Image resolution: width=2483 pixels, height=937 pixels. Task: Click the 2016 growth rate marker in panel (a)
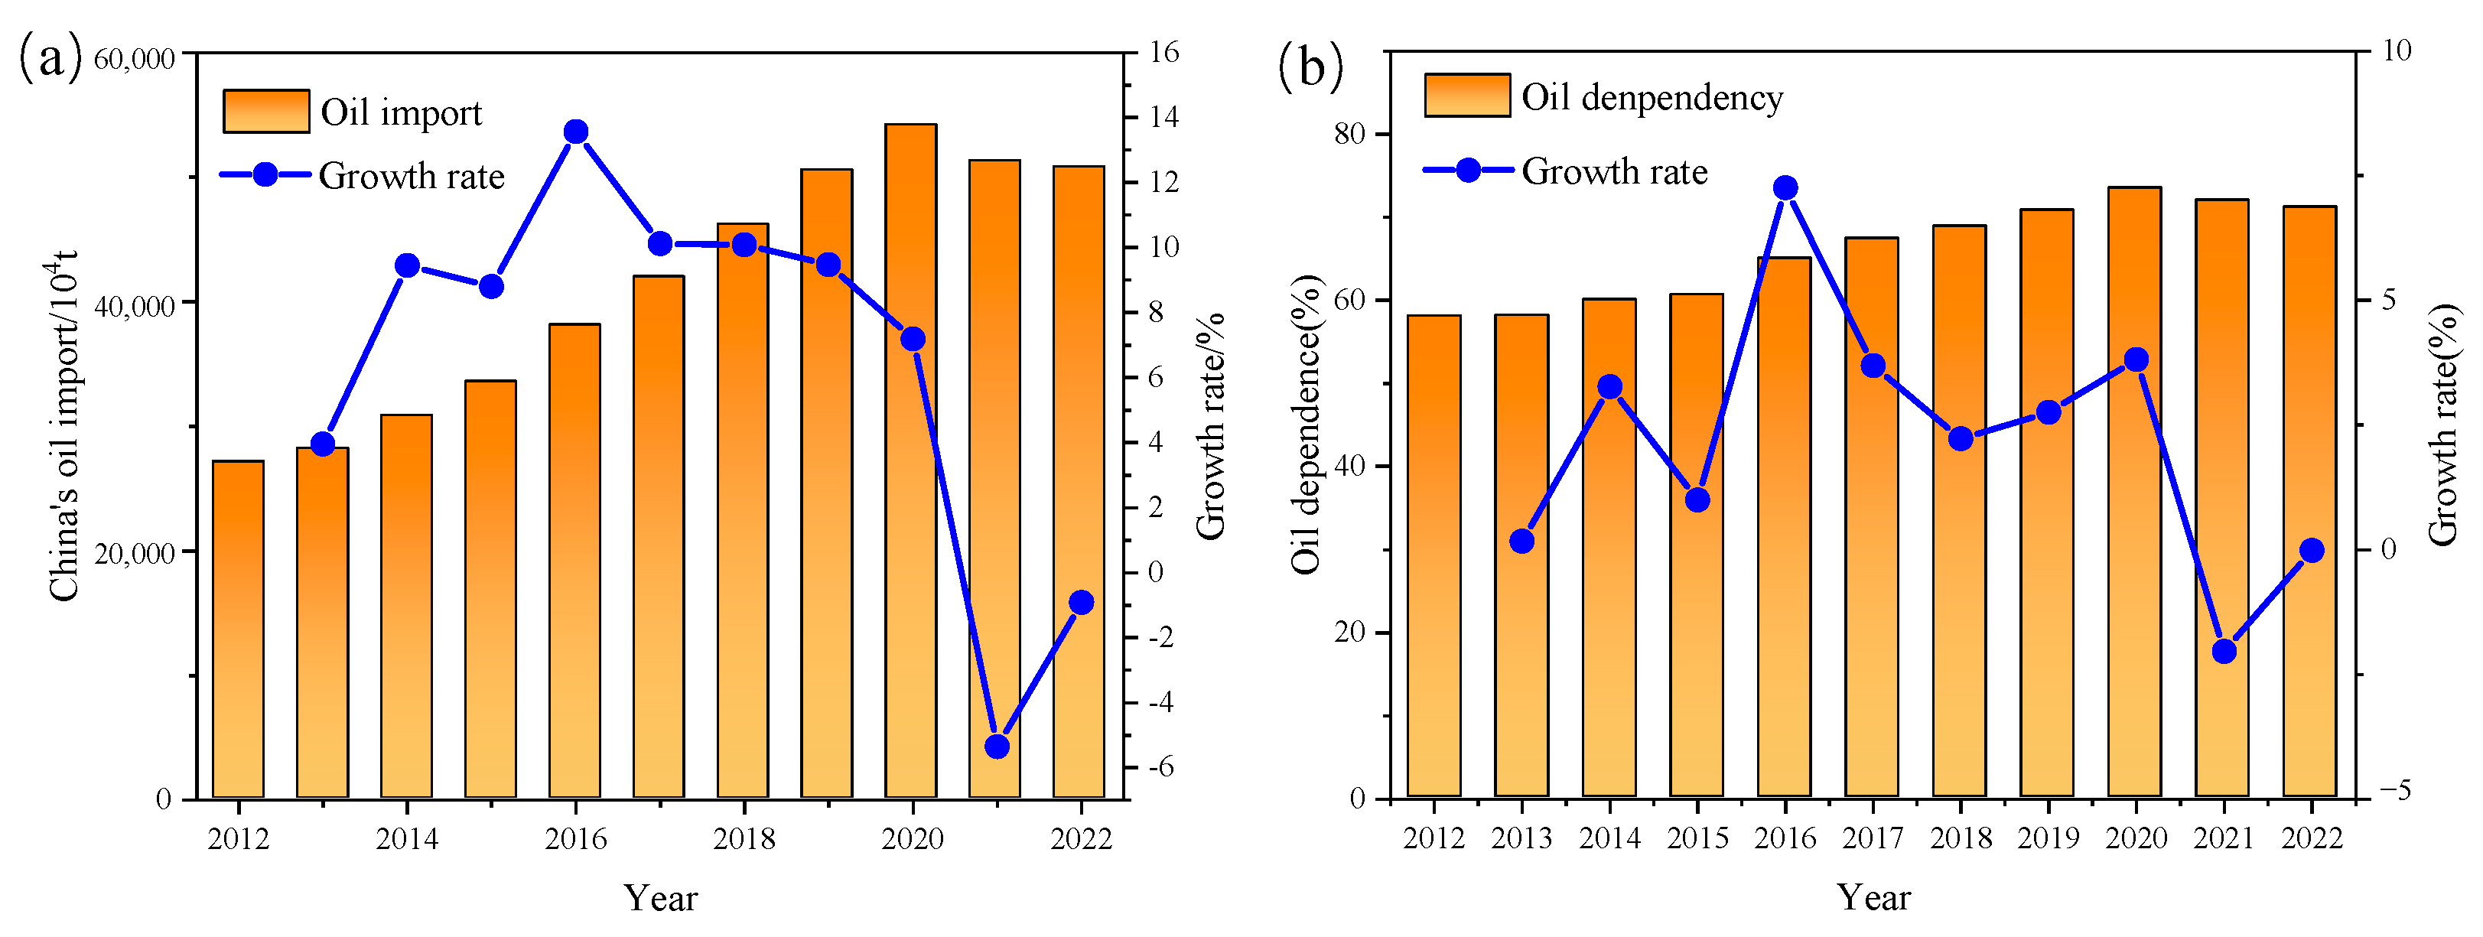coord(575,132)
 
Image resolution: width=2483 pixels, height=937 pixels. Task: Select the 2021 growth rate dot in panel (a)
coord(997,746)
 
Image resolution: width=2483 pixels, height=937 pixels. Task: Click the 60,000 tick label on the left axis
coord(135,59)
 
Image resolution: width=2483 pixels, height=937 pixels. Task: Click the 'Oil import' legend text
coord(401,112)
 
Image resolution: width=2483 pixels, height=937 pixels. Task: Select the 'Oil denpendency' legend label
coord(1652,97)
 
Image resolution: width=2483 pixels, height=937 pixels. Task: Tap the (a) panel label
coord(50,58)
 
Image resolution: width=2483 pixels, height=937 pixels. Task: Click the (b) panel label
coord(1309,67)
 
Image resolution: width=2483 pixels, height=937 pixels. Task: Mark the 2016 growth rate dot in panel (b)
coord(1785,188)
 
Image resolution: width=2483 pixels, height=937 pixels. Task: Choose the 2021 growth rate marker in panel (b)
coord(2224,652)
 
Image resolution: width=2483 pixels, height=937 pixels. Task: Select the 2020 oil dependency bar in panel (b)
coord(2135,492)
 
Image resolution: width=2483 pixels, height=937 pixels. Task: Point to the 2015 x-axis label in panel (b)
coord(1697,838)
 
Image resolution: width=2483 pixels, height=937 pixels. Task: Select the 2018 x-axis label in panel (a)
coord(744,838)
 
